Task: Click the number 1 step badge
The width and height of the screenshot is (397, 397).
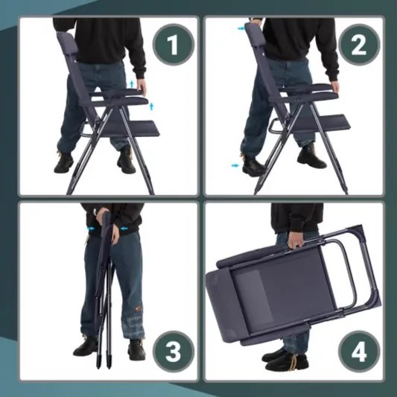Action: (174, 45)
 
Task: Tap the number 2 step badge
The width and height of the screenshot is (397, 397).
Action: (359, 45)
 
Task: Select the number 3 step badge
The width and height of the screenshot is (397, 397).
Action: (174, 352)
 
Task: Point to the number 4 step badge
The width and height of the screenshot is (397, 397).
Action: (359, 352)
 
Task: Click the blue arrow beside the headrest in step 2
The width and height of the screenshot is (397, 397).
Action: (241, 28)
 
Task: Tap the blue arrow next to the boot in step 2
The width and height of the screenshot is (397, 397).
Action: (235, 165)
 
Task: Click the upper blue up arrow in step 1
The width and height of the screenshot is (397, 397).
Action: (131, 84)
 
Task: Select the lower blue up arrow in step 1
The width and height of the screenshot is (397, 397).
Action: (151, 107)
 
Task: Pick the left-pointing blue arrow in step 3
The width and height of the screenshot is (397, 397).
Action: (124, 229)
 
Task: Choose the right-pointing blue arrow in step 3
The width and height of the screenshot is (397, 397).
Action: (91, 229)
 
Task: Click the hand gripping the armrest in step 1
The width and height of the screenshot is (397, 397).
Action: (142, 87)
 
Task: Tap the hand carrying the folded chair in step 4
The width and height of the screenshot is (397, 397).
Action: (296, 240)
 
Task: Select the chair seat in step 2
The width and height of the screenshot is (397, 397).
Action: (324, 124)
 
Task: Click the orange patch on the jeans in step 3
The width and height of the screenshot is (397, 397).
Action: (138, 309)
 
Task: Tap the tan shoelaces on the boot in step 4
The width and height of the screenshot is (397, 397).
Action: (293, 361)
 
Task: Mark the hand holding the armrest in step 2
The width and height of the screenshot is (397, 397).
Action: (336, 86)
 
